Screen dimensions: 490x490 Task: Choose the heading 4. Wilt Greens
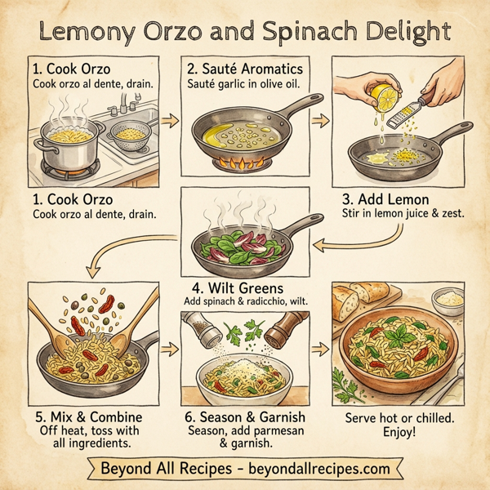pyautogui.click(x=244, y=288)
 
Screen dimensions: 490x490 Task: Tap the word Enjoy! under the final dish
pyautogui.click(x=400, y=431)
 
